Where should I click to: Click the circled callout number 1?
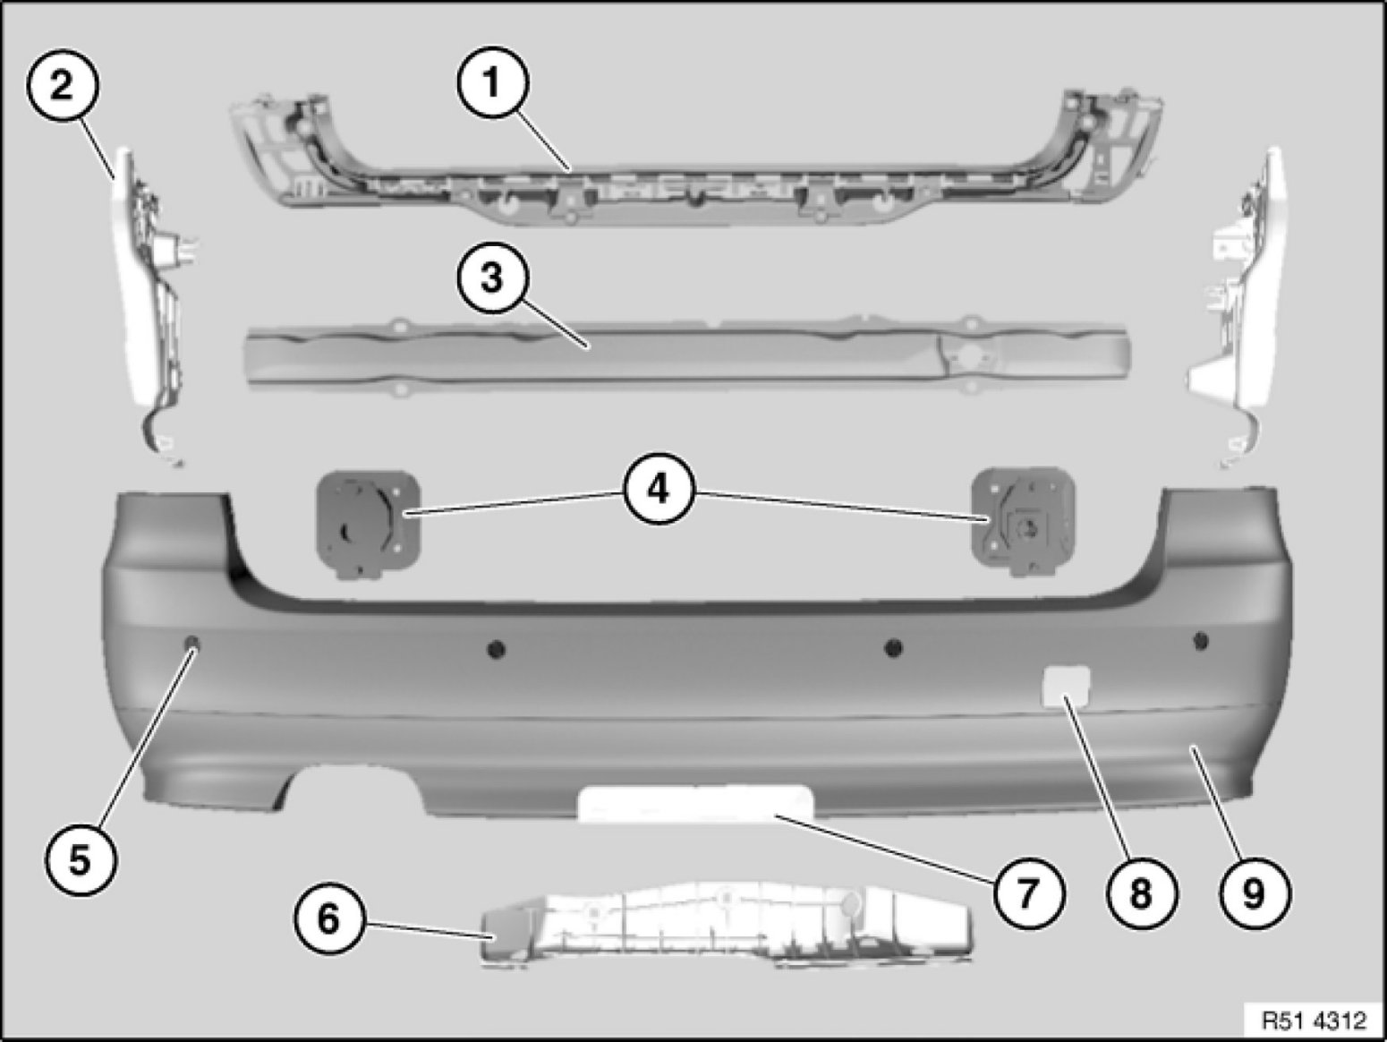point(492,82)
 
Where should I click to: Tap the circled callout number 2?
point(63,85)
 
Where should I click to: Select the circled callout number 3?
point(492,278)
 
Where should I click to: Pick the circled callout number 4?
point(659,489)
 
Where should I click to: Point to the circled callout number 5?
point(81,860)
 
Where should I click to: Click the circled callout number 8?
point(1142,893)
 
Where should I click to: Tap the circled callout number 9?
point(1254,893)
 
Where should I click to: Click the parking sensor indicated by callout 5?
point(192,644)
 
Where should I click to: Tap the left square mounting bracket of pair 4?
point(368,524)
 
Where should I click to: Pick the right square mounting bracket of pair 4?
point(1023,521)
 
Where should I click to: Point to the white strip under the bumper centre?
point(695,803)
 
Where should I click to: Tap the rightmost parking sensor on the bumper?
point(1201,641)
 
